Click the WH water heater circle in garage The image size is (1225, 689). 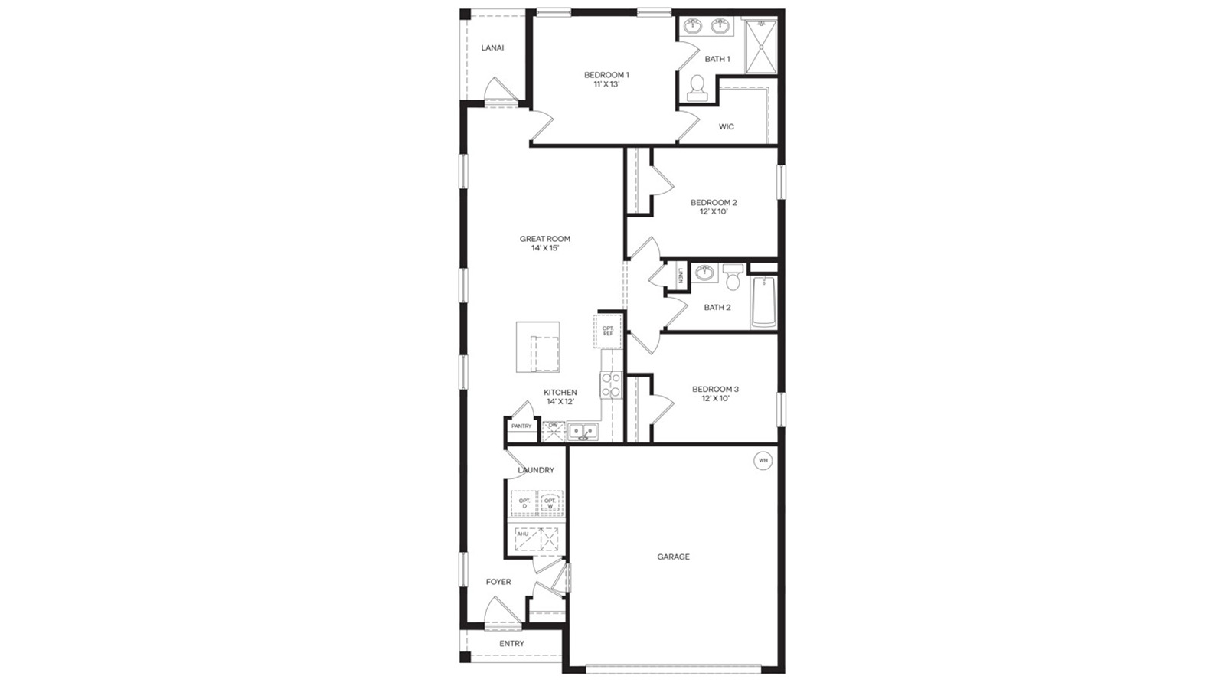tap(763, 461)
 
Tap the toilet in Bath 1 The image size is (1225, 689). tap(697, 88)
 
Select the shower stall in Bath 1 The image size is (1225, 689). tap(760, 46)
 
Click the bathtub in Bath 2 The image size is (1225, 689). tap(763, 301)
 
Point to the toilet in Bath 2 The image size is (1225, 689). tap(733, 277)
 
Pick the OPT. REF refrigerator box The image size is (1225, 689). tap(608, 331)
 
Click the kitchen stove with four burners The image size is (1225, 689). tap(610, 385)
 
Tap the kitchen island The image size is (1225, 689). tap(537, 347)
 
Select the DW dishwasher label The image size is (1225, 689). tap(553, 426)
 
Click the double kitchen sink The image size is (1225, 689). tap(583, 432)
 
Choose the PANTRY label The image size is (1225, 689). tap(521, 426)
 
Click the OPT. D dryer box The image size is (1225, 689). tap(524, 504)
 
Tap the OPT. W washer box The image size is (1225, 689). tap(550, 504)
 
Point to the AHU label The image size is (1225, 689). tap(522, 534)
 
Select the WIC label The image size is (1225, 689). tap(727, 127)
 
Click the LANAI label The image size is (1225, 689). tap(492, 47)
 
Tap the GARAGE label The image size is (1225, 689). tap(673, 557)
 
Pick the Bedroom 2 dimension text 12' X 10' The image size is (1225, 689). tap(713, 212)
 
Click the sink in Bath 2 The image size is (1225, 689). tap(705, 273)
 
